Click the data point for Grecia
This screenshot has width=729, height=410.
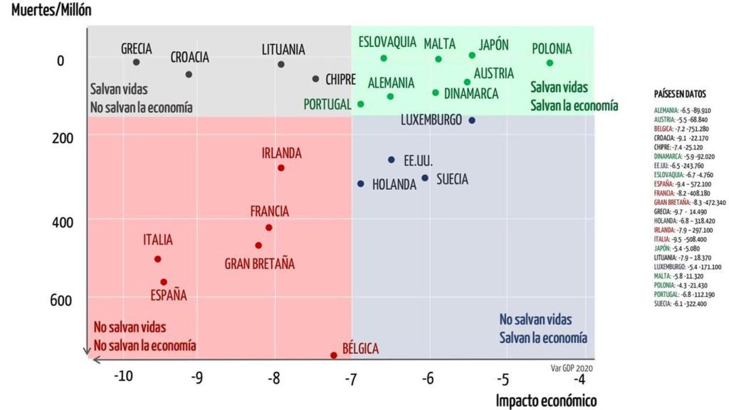[136, 62]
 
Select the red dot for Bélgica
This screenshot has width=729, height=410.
[333, 354]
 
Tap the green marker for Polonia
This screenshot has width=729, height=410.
[550, 63]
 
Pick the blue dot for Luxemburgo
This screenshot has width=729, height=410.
[471, 120]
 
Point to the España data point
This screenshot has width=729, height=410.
[164, 282]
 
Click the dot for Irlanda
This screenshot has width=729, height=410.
[281, 168]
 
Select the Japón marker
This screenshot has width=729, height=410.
[472, 56]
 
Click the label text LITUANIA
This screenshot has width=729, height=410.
[283, 49]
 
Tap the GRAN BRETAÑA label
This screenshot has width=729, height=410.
[259, 263]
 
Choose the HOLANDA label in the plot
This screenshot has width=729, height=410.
[394, 184]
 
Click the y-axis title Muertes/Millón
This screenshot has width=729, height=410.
[51, 11]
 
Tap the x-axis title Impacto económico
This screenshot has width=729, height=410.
[546, 400]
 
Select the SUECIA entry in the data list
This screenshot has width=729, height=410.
[681, 303]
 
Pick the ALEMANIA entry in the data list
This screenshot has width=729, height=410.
[682, 110]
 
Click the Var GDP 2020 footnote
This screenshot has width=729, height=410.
[571, 368]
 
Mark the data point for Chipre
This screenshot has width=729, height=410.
[315, 79]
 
